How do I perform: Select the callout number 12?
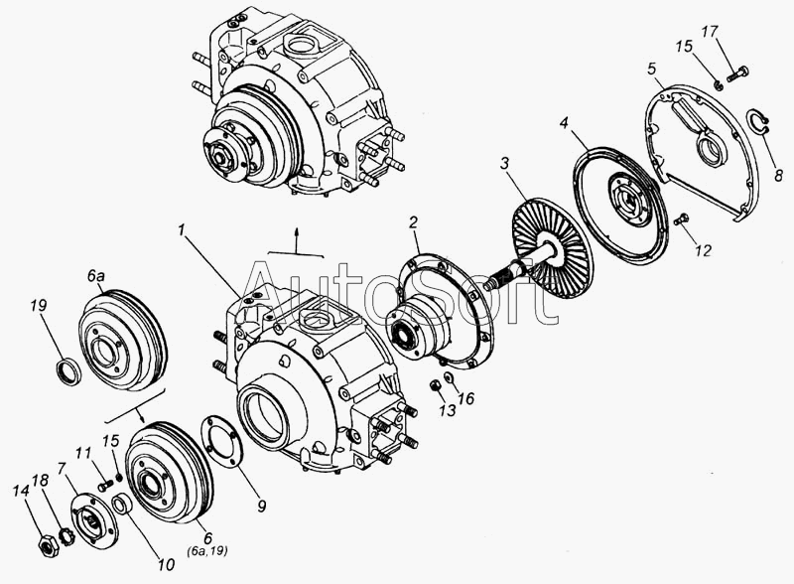pos(703,251)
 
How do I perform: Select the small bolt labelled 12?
pos(680,220)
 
